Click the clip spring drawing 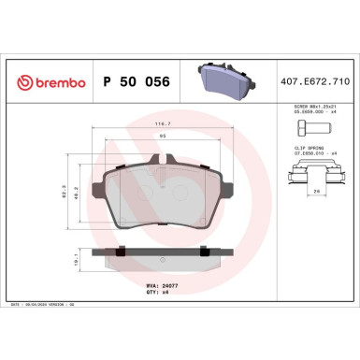click(x=313, y=174)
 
